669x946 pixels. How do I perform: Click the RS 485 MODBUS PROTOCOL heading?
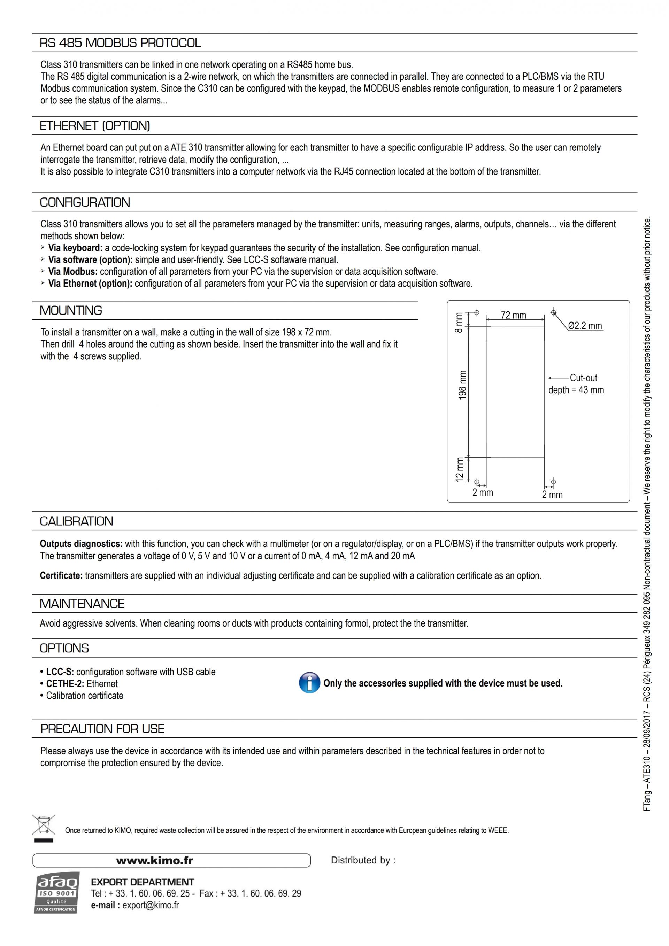tap(120, 43)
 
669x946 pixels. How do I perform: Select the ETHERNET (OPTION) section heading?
tap(95, 126)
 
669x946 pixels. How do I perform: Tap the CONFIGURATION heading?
tap(85, 202)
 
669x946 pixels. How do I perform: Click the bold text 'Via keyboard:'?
tap(75, 248)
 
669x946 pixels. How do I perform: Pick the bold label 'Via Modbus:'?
tap(73, 272)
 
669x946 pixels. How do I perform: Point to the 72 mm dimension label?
tap(514, 315)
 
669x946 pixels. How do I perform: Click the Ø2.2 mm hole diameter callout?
tap(585, 326)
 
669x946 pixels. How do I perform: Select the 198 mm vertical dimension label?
tap(462, 385)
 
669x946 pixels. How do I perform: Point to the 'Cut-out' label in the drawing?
tap(583, 378)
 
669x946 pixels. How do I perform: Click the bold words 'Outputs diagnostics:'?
tap(81, 544)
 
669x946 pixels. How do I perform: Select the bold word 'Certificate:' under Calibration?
tap(61, 576)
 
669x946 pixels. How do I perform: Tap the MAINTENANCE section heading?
tap(82, 604)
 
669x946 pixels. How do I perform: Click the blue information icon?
tap(309, 683)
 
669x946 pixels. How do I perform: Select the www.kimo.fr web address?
tap(155, 860)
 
